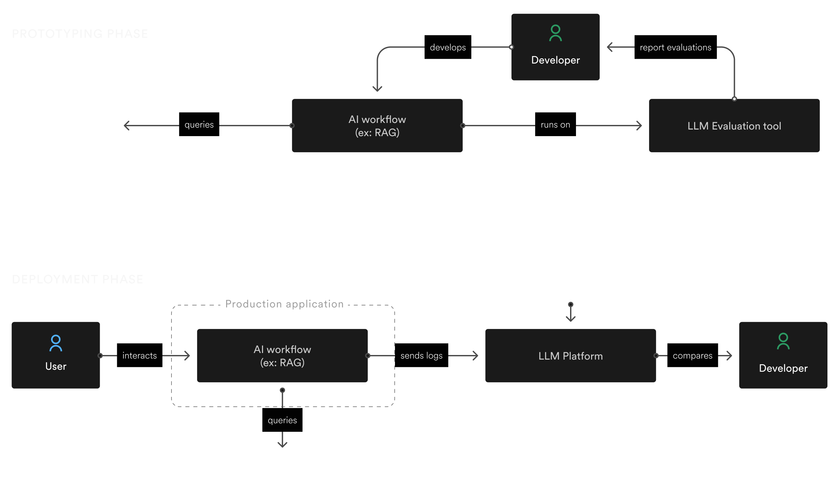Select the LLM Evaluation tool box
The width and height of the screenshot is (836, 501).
[734, 126]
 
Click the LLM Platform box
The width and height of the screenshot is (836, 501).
[570, 356]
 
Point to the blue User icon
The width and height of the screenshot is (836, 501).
[56, 343]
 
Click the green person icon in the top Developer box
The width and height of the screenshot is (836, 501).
[555, 33]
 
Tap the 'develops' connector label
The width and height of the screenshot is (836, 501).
[448, 47]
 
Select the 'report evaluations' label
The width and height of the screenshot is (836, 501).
[675, 47]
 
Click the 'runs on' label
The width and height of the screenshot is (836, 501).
[555, 125]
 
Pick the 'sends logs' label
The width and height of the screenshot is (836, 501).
[421, 356]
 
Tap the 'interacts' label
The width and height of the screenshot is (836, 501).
[140, 356]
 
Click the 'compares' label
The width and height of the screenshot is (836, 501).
[692, 356]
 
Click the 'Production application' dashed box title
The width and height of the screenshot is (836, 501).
[284, 304]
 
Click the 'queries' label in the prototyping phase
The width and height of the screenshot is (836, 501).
[199, 125]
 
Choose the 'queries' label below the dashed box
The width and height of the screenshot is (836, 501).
[282, 420]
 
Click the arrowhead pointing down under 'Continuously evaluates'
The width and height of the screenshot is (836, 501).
[570, 319]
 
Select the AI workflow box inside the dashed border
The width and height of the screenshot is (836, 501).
[282, 356]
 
